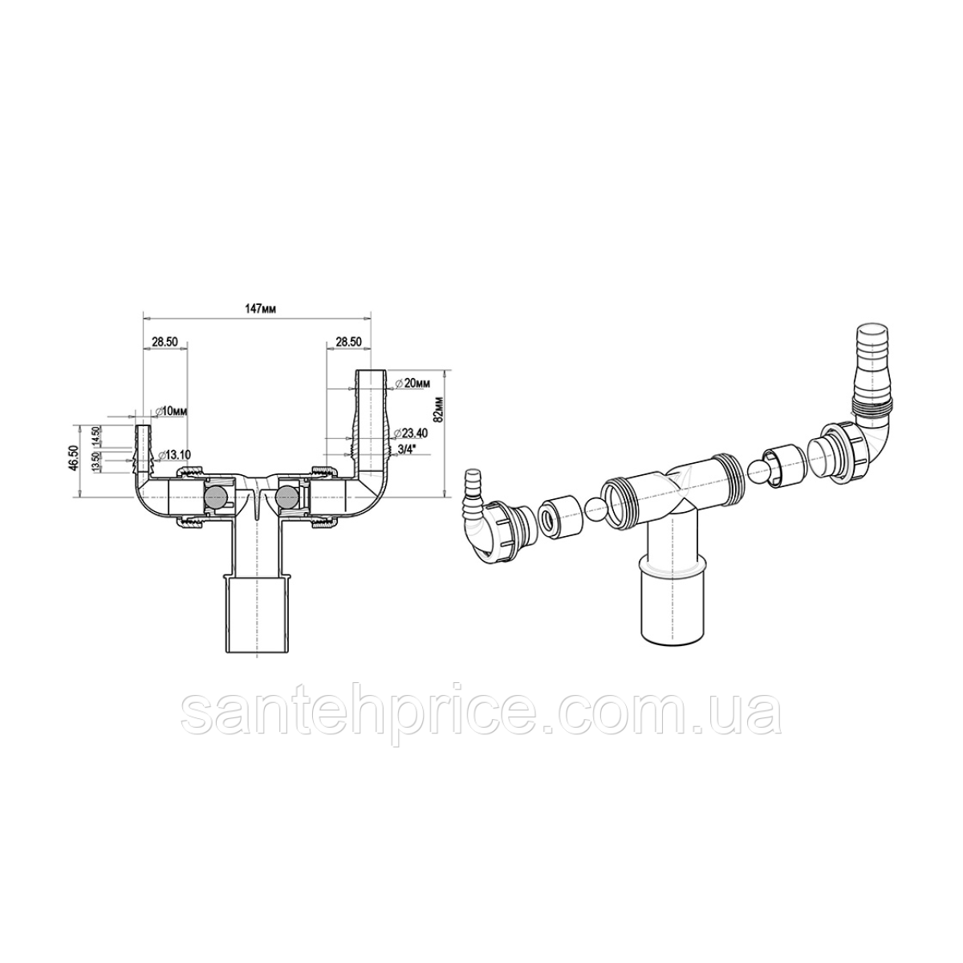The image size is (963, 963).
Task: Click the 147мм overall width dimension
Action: (x=257, y=311)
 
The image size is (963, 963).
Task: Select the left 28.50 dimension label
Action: (x=164, y=342)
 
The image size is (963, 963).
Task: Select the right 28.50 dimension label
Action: (x=348, y=342)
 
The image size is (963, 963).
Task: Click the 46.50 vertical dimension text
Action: (x=73, y=459)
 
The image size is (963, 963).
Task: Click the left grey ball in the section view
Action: (x=217, y=498)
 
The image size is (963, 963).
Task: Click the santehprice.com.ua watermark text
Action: (x=481, y=712)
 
